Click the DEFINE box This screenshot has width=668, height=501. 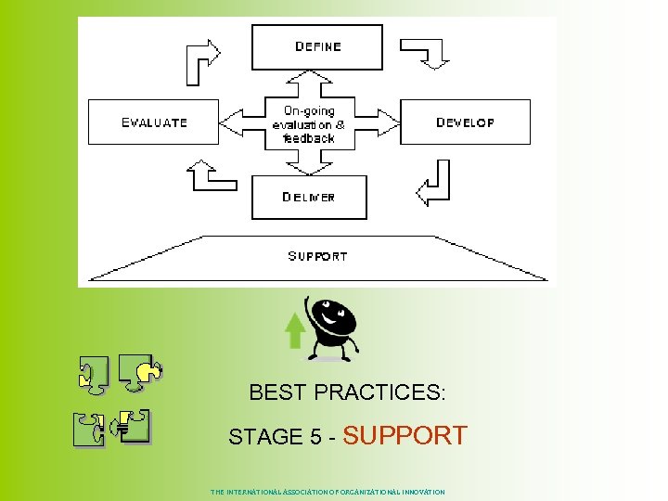(317, 47)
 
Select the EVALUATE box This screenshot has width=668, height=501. (153, 122)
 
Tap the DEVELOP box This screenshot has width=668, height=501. (465, 122)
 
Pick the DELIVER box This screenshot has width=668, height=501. (309, 197)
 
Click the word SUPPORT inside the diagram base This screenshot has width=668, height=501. (317, 256)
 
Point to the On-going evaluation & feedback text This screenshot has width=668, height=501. (309, 123)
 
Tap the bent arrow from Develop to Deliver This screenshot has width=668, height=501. (433, 184)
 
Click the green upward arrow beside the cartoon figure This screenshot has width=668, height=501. (295, 330)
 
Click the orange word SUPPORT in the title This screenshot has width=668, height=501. (405, 435)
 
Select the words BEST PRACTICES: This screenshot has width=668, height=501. (347, 392)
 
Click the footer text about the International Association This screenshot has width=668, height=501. (328, 492)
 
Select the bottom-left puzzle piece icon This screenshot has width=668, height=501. (91, 430)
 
